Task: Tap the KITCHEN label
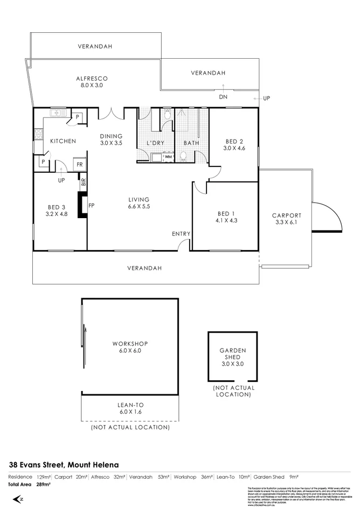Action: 63,141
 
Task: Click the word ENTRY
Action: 181,233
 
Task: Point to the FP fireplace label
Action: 92,205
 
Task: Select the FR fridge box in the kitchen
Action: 79,165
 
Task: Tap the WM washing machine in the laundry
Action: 168,157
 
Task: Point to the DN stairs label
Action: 222,97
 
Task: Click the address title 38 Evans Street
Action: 64,464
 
